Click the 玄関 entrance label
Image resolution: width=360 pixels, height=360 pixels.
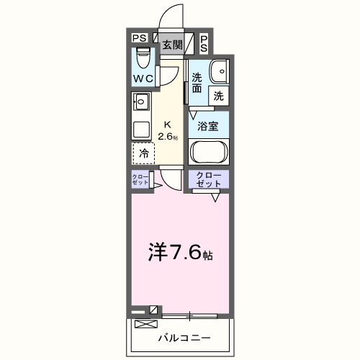click(x=171, y=44)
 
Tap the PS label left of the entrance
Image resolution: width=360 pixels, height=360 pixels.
click(x=140, y=38)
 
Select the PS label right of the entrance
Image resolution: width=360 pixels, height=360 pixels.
click(x=204, y=42)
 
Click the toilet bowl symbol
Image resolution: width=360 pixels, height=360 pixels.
click(x=142, y=55)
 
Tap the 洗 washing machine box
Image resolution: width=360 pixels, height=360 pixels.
click(x=218, y=95)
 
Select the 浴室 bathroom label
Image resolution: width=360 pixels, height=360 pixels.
click(x=209, y=125)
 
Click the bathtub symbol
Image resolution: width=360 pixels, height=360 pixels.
click(x=209, y=153)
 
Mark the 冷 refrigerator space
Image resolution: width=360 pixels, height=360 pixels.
click(x=143, y=152)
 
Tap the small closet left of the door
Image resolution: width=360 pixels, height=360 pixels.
click(x=140, y=179)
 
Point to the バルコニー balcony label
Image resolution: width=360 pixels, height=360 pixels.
click(x=180, y=337)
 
